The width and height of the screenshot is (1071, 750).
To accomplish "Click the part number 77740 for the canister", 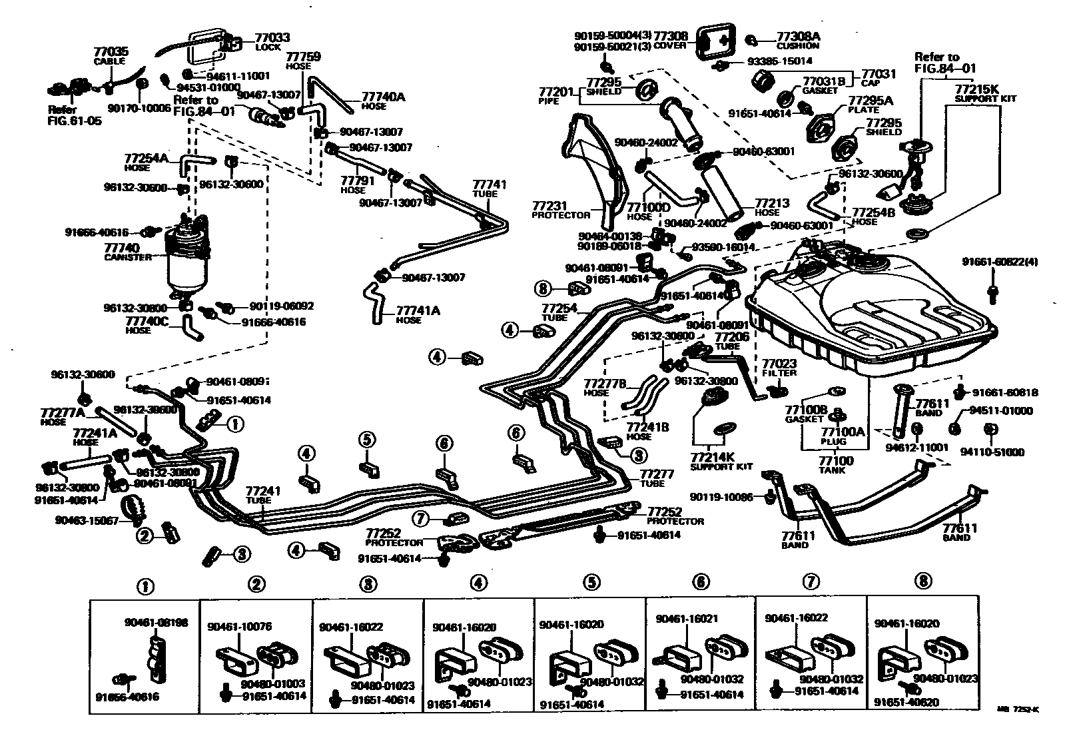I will pyautogui.click(x=121, y=247).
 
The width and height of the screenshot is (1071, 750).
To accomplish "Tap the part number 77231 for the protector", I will pyautogui.click(x=549, y=206).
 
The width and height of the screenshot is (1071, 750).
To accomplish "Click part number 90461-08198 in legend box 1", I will pyautogui.click(x=156, y=623).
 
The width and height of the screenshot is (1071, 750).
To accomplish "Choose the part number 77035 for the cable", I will pyautogui.click(x=110, y=52).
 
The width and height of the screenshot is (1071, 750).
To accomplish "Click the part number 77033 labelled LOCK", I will pyautogui.click(x=272, y=39).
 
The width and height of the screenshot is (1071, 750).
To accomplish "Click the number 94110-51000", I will pyautogui.click(x=992, y=452).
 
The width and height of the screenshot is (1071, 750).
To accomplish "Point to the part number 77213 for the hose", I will pyautogui.click(x=771, y=202).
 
